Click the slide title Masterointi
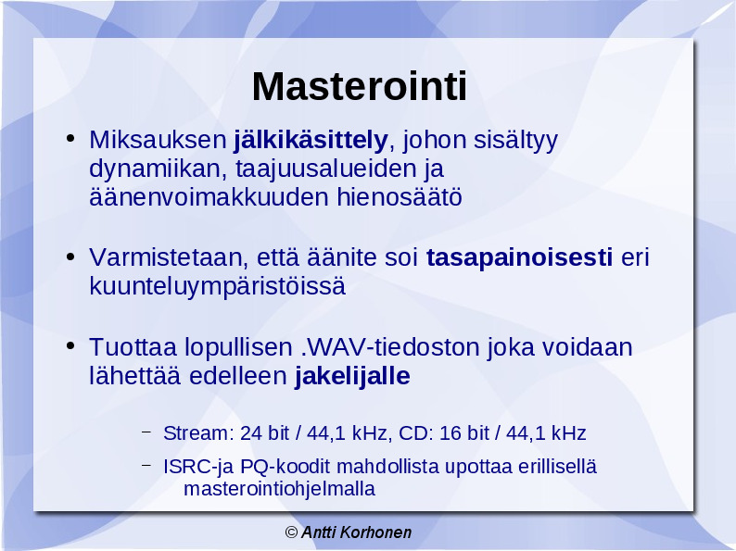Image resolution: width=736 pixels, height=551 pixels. (x=360, y=86)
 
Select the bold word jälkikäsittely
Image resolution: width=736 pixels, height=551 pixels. (x=311, y=140)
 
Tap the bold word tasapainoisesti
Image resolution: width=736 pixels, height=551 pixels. (x=519, y=257)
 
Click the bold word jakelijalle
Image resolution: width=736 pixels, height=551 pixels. (x=352, y=376)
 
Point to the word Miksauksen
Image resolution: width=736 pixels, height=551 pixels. (x=159, y=140)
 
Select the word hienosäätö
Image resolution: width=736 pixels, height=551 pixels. (x=400, y=197)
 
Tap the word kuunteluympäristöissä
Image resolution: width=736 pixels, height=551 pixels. (x=217, y=286)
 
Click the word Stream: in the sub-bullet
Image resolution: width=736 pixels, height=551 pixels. (x=198, y=433)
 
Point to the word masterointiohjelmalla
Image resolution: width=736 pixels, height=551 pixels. (x=279, y=489)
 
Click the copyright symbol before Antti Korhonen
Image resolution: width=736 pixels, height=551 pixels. (x=291, y=532)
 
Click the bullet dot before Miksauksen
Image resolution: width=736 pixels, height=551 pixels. (x=70, y=138)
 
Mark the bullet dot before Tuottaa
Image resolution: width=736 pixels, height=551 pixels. (x=70, y=346)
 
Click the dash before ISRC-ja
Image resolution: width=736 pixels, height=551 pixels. (x=146, y=466)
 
